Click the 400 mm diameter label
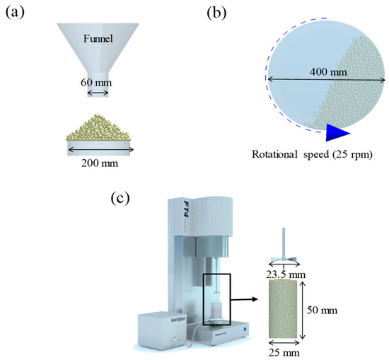[x=328, y=72]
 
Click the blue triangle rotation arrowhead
[x=336, y=132]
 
